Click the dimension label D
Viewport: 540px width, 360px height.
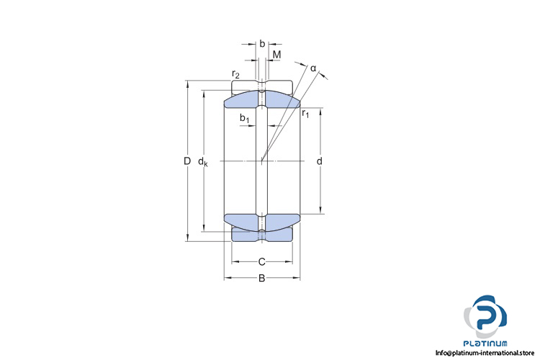(x=187, y=161)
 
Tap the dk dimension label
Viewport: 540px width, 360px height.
(x=203, y=161)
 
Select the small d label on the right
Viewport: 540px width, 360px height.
(x=319, y=161)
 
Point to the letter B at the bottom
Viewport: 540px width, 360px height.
(x=262, y=278)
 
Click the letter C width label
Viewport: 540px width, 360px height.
(x=262, y=262)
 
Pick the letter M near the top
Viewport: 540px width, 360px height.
(x=277, y=55)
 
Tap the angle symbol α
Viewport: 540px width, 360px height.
(x=313, y=68)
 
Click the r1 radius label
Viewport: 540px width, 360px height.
(x=305, y=113)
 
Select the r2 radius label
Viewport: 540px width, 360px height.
(x=235, y=73)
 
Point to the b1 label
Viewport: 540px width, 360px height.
(x=245, y=118)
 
